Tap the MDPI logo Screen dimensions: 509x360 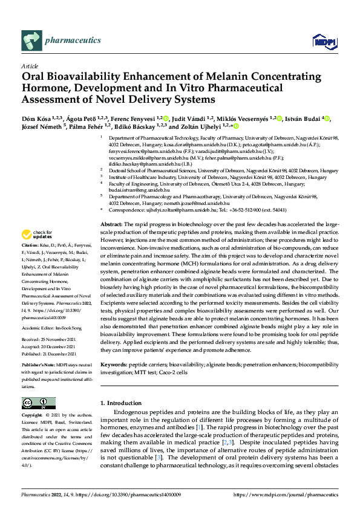324,42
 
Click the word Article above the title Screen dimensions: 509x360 29,66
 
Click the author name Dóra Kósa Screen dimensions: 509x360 36,118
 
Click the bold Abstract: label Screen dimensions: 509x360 112,224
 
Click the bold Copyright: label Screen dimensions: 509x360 33,416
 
